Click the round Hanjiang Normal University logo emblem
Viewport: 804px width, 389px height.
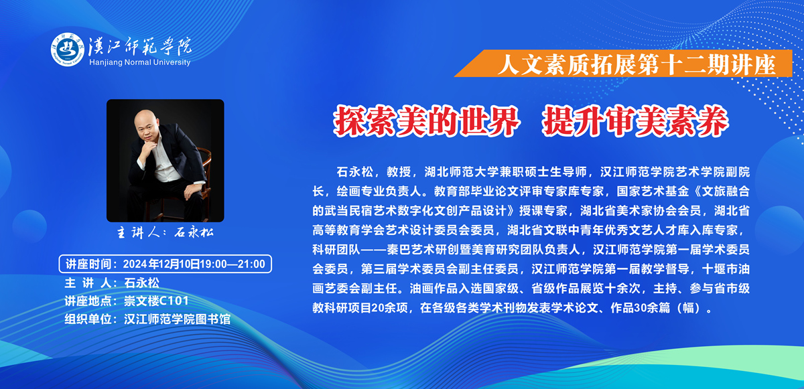(68, 50)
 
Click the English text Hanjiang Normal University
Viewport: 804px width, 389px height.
(140, 62)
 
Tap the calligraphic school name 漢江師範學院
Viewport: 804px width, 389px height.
(140, 46)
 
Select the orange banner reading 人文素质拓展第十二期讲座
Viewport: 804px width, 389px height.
(624, 64)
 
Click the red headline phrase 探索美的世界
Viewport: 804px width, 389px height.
(427, 121)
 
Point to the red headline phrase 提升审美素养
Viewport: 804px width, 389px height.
(635, 121)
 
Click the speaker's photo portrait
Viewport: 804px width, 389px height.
(165, 161)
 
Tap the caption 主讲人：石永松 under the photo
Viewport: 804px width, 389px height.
(165, 233)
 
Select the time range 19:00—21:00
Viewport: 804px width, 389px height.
(232, 264)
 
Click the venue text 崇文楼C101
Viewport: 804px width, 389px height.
(156, 301)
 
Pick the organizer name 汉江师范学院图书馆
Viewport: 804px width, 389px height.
(177, 319)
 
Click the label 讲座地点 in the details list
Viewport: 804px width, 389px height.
(88, 301)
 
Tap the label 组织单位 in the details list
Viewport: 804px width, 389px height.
(88, 319)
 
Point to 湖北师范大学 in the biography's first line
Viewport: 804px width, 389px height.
(460, 172)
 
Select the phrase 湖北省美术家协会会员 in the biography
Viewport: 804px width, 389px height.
(641, 211)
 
